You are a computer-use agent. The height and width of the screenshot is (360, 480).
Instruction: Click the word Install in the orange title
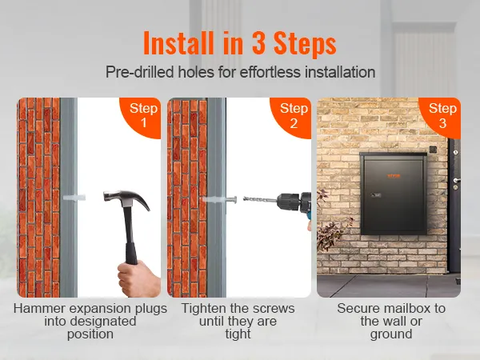[x=178, y=42]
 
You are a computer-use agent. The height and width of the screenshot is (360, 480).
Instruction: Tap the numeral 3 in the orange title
[x=259, y=43]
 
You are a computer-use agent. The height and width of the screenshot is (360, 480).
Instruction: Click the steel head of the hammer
[x=126, y=198]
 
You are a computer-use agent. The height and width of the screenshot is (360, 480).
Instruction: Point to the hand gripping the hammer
[x=138, y=278]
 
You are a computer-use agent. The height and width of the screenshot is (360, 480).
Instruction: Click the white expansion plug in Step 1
[x=74, y=198]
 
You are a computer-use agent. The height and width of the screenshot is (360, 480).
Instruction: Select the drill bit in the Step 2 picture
[x=260, y=200]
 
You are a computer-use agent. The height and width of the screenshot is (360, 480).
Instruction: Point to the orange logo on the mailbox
[x=394, y=176]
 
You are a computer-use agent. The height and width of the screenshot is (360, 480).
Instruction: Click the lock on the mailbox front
[x=375, y=195]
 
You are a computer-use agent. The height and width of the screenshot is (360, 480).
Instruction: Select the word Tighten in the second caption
[x=203, y=309]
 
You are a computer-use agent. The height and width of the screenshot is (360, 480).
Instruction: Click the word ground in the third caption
[x=391, y=334]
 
